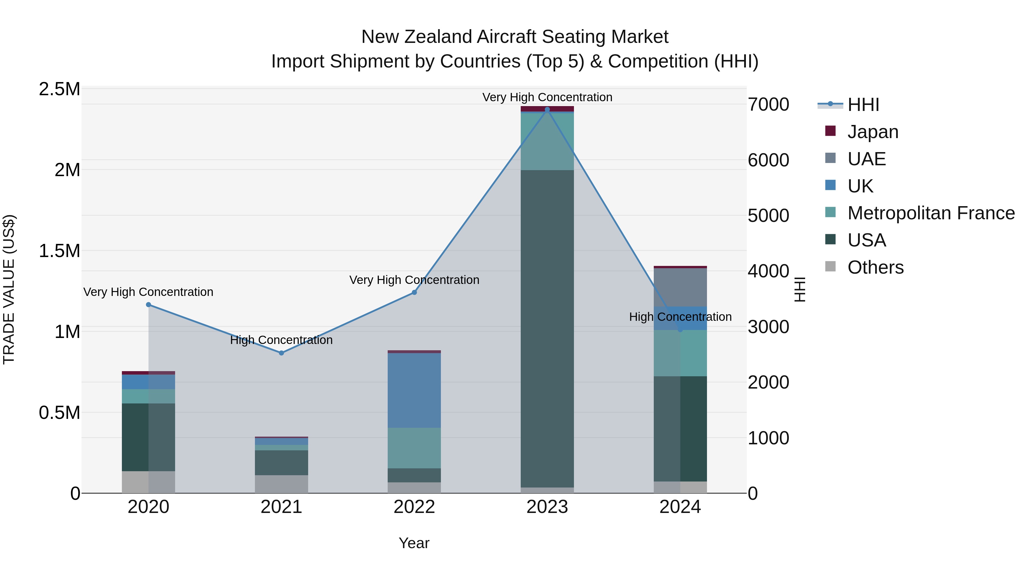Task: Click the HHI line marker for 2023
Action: point(547,110)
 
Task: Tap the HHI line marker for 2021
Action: point(281,353)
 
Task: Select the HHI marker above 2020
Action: point(148,305)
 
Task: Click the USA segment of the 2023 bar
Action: point(547,328)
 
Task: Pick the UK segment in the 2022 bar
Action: point(414,390)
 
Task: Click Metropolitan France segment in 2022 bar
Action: point(414,447)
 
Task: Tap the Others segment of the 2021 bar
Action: point(281,484)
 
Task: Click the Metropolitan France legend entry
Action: point(930,213)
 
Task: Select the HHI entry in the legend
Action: point(863,105)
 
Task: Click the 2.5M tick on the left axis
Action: point(60,89)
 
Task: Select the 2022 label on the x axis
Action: point(414,507)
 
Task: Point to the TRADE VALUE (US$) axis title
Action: point(9,289)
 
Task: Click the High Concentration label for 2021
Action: point(281,340)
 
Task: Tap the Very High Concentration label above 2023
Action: point(547,97)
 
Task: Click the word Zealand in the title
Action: point(438,37)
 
